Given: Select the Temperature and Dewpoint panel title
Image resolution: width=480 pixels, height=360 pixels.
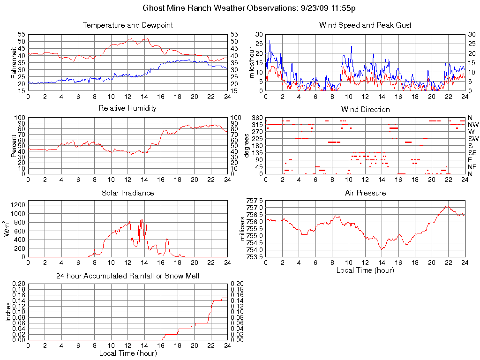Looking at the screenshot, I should tap(128, 25).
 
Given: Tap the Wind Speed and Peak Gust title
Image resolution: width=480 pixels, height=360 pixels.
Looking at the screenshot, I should tap(365, 25).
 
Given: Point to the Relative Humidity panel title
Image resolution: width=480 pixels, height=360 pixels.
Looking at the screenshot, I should tap(128, 108).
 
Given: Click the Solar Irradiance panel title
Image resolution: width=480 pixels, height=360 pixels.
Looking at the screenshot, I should tap(128, 193).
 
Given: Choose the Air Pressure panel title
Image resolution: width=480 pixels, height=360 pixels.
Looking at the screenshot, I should tap(365, 193).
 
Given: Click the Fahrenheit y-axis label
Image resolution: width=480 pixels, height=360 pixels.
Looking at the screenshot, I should tap(14, 62).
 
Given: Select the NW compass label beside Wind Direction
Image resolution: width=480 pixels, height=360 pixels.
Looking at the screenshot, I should tap(473, 125).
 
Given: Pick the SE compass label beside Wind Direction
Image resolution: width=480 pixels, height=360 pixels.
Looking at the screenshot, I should tap(472, 153).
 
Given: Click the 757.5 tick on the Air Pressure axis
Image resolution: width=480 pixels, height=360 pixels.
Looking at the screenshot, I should tap(254, 201).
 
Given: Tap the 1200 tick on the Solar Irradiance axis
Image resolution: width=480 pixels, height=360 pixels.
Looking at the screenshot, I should tap(18, 204).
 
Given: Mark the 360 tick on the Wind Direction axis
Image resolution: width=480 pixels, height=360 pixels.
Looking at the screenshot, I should tap(257, 117).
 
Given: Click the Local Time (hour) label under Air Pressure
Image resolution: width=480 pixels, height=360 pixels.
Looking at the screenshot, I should tap(365, 270).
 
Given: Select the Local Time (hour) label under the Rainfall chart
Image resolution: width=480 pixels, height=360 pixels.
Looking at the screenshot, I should tap(128, 353).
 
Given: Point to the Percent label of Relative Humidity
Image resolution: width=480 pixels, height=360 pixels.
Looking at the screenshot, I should tap(14, 145).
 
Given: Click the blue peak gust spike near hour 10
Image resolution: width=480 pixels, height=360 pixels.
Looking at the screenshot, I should tap(351, 46).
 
